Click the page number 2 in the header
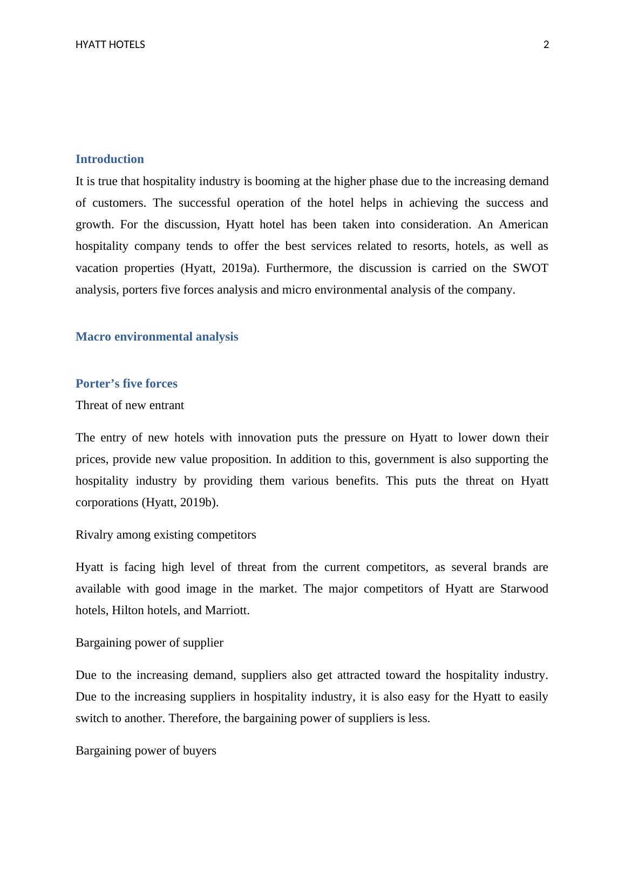546,45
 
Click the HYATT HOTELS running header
110,45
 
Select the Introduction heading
110,159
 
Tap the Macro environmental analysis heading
157,337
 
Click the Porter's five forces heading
126,384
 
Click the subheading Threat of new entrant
130,405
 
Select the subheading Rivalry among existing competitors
166,535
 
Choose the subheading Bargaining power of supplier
149,643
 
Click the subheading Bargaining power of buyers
146,751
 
